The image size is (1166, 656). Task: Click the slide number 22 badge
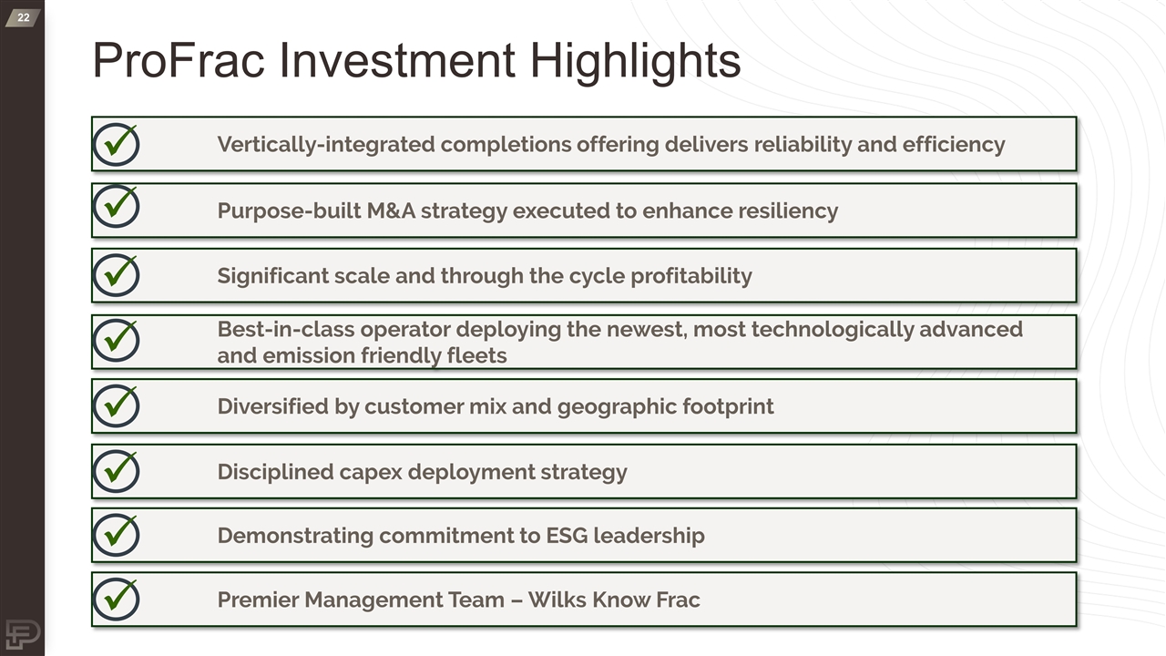tap(23, 17)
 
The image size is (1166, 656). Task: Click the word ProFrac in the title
tap(179, 60)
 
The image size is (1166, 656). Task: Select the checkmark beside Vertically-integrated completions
tap(116, 144)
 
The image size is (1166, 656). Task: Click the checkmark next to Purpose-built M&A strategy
tap(116, 206)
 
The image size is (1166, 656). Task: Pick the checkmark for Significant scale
tap(116, 275)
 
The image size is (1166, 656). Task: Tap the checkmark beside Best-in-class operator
tap(116, 340)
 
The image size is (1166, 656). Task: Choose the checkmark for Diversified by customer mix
tap(116, 405)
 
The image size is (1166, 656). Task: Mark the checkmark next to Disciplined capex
tap(116, 471)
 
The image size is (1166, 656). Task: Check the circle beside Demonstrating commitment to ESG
tap(116, 535)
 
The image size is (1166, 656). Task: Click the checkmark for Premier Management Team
tap(116, 600)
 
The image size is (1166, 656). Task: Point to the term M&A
tap(391, 210)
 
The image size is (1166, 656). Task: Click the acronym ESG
tap(567, 535)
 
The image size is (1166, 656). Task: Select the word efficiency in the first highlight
tap(954, 145)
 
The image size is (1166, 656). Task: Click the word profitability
tap(691, 276)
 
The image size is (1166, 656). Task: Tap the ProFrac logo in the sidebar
tap(23, 633)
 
